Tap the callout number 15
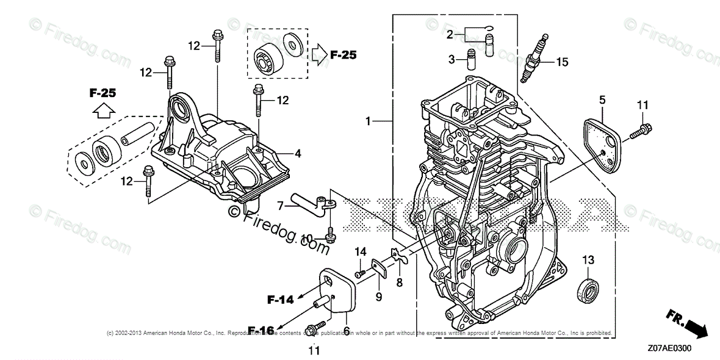(x=561, y=61)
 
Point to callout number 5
(x=602, y=99)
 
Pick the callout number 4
(x=298, y=154)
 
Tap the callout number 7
(x=280, y=206)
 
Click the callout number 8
(x=399, y=283)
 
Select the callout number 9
(x=378, y=297)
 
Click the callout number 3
(x=452, y=59)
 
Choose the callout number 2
(x=450, y=35)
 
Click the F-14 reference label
(x=280, y=299)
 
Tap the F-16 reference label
(x=261, y=331)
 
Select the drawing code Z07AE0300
(x=672, y=349)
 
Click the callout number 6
(x=346, y=330)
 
